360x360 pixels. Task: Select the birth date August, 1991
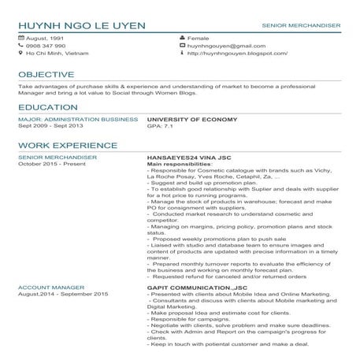pyautogui.click(x=45, y=38)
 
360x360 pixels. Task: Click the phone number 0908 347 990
pyautogui.click(x=46, y=46)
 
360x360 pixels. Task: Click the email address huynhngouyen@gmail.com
pyautogui.click(x=220, y=46)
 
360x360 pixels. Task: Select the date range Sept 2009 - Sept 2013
pyautogui.click(x=50, y=125)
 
